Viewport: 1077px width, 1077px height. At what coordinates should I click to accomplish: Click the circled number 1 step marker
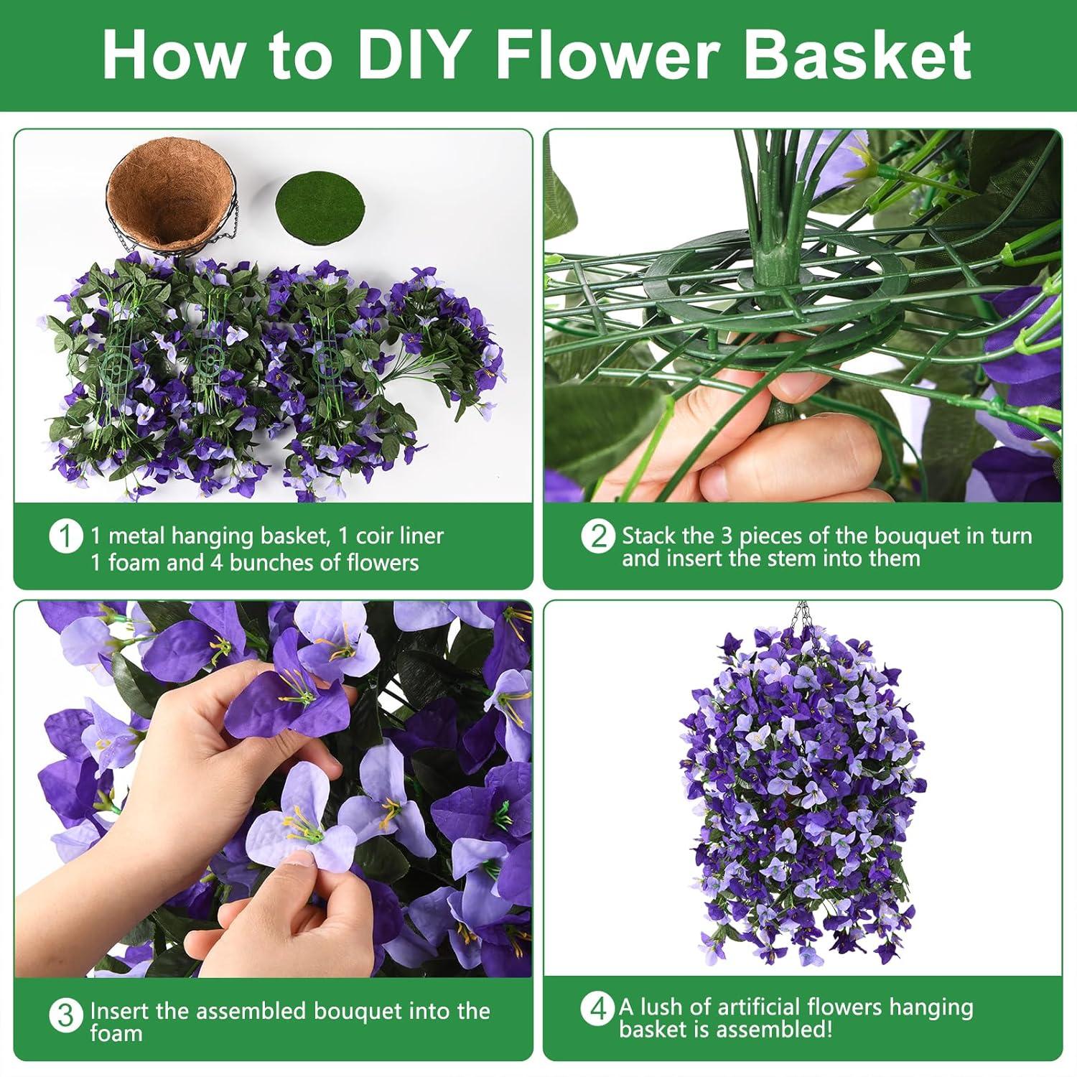pos(65,537)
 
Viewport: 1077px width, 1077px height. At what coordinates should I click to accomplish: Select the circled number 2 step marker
pos(598,537)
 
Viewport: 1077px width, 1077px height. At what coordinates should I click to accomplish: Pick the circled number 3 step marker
pos(65,1016)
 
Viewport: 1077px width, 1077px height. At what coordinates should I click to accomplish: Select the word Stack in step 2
pos(649,536)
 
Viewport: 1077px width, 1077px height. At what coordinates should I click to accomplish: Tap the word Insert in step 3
pos(119,1011)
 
